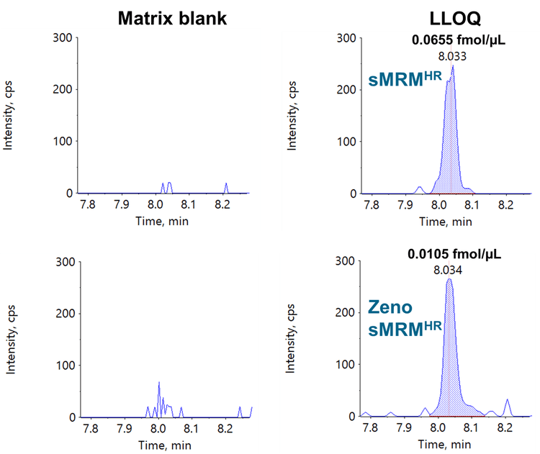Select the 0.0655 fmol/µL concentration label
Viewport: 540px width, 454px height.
[x=459, y=40]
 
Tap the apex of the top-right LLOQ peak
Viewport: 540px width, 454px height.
[x=452, y=65]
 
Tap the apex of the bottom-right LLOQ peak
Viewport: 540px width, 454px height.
[x=450, y=279]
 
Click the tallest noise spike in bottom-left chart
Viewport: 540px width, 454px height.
[x=159, y=382]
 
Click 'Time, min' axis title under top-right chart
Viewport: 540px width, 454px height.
[x=440, y=220]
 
